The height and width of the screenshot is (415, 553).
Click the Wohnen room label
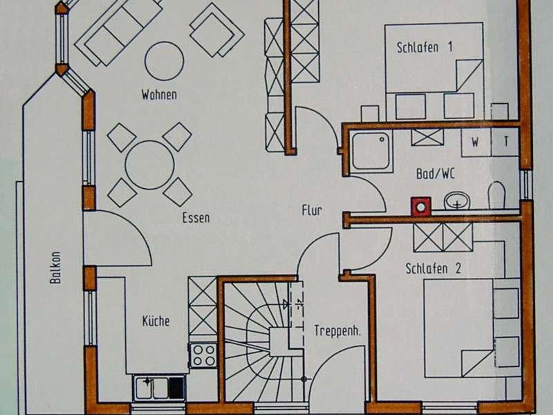(159, 95)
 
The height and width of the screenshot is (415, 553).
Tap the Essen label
(196, 218)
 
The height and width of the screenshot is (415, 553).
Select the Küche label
(156, 321)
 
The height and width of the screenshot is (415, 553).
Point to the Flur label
(312, 210)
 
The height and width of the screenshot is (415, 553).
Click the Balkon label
(55, 268)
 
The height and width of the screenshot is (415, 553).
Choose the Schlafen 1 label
(424, 47)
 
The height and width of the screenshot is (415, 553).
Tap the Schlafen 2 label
(433, 268)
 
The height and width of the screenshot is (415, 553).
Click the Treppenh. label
(338, 331)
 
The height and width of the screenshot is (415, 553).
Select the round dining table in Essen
(150, 165)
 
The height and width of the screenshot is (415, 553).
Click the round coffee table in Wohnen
(164, 61)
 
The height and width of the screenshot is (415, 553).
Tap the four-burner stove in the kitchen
(203, 355)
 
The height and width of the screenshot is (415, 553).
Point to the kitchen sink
(159, 388)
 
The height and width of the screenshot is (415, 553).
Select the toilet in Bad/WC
(497, 195)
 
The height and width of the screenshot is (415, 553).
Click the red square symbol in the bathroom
(421, 207)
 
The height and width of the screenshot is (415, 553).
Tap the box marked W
(476, 142)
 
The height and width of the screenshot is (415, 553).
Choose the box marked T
(505, 142)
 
